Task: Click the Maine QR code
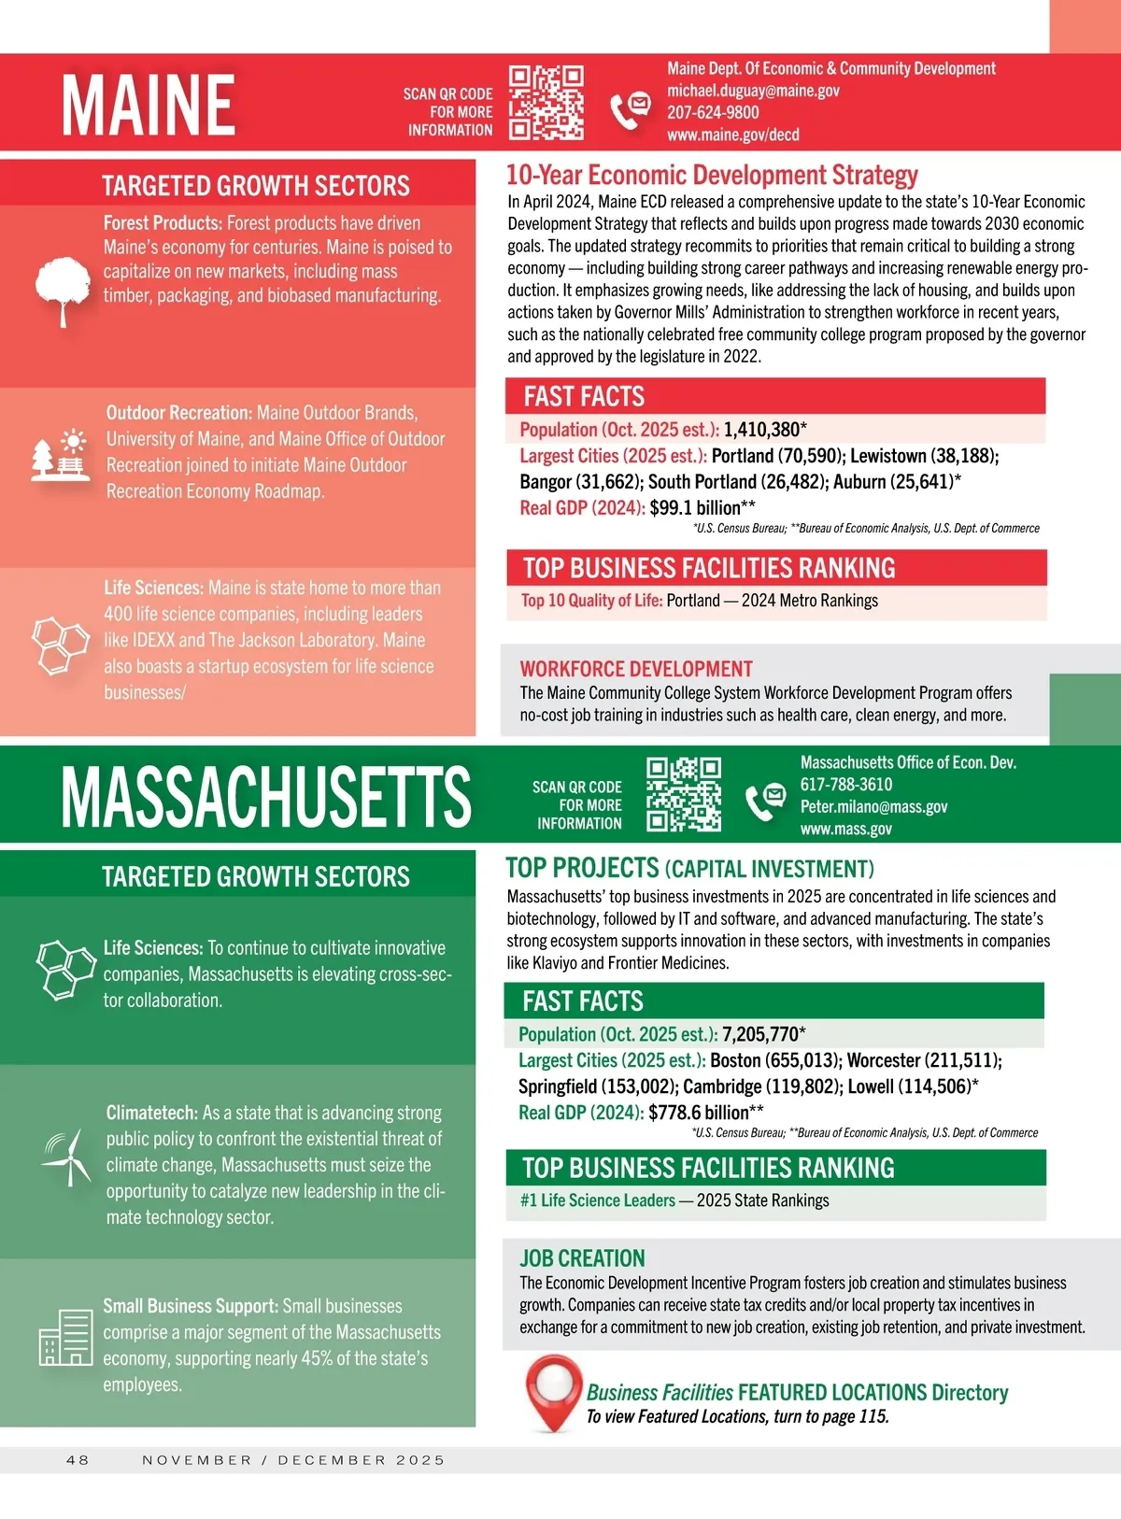(x=546, y=103)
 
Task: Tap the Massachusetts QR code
(x=684, y=794)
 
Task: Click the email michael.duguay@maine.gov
(x=753, y=91)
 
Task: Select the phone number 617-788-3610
(x=845, y=785)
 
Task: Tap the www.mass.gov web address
(x=845, y=829)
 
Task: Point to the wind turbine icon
(x=67, y=1158)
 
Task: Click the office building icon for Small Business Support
(x=66, y=1338)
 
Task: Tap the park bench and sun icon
(x=61, y=455)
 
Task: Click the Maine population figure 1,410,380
(x=761, y=430)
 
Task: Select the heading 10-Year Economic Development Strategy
(x=712, y=176)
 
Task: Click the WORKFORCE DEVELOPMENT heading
(x=636, y=669)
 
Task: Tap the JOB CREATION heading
(x=582, y=1258)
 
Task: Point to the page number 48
(x=78, y=1460)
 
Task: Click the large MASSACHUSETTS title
(x=266, y=796)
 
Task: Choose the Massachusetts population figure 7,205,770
(x=759, y=1034)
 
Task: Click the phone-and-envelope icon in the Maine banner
(x=631, y=110)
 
